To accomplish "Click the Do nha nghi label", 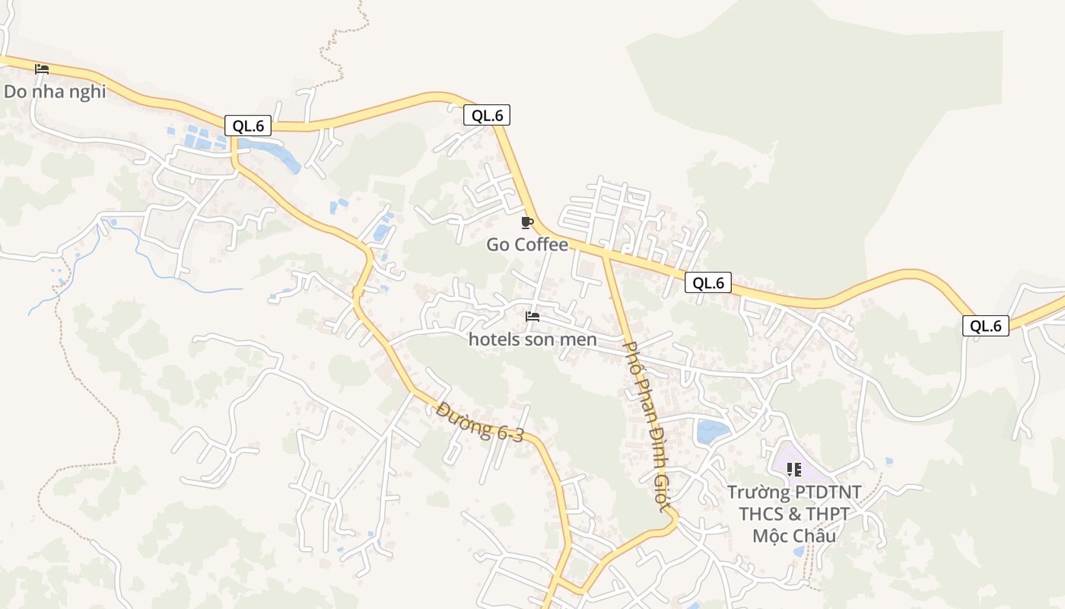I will coord(55,91).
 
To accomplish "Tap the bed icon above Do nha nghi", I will coord(42,69).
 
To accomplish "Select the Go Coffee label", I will coord(527,244).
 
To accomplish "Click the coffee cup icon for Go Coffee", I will coord(526,222).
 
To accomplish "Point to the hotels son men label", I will coord(532,340).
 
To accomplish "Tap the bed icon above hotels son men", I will coord(532,316).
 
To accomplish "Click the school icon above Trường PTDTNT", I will coord(794,469).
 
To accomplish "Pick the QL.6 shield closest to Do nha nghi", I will coord(248,126).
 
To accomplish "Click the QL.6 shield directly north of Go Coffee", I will coord(487,115).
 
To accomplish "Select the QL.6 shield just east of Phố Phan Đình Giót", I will coord(708,282).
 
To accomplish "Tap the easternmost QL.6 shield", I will coord(986,326).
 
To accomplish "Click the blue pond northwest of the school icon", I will coord(713,431).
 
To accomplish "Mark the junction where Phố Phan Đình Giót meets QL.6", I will coord(606,254).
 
